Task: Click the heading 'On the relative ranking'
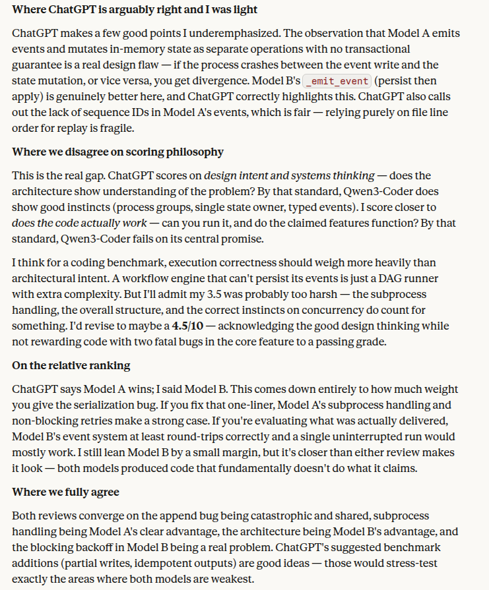pyautogui.click(x=71, y=365)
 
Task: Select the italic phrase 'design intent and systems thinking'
pyautogui.click(x=289, y=175)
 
